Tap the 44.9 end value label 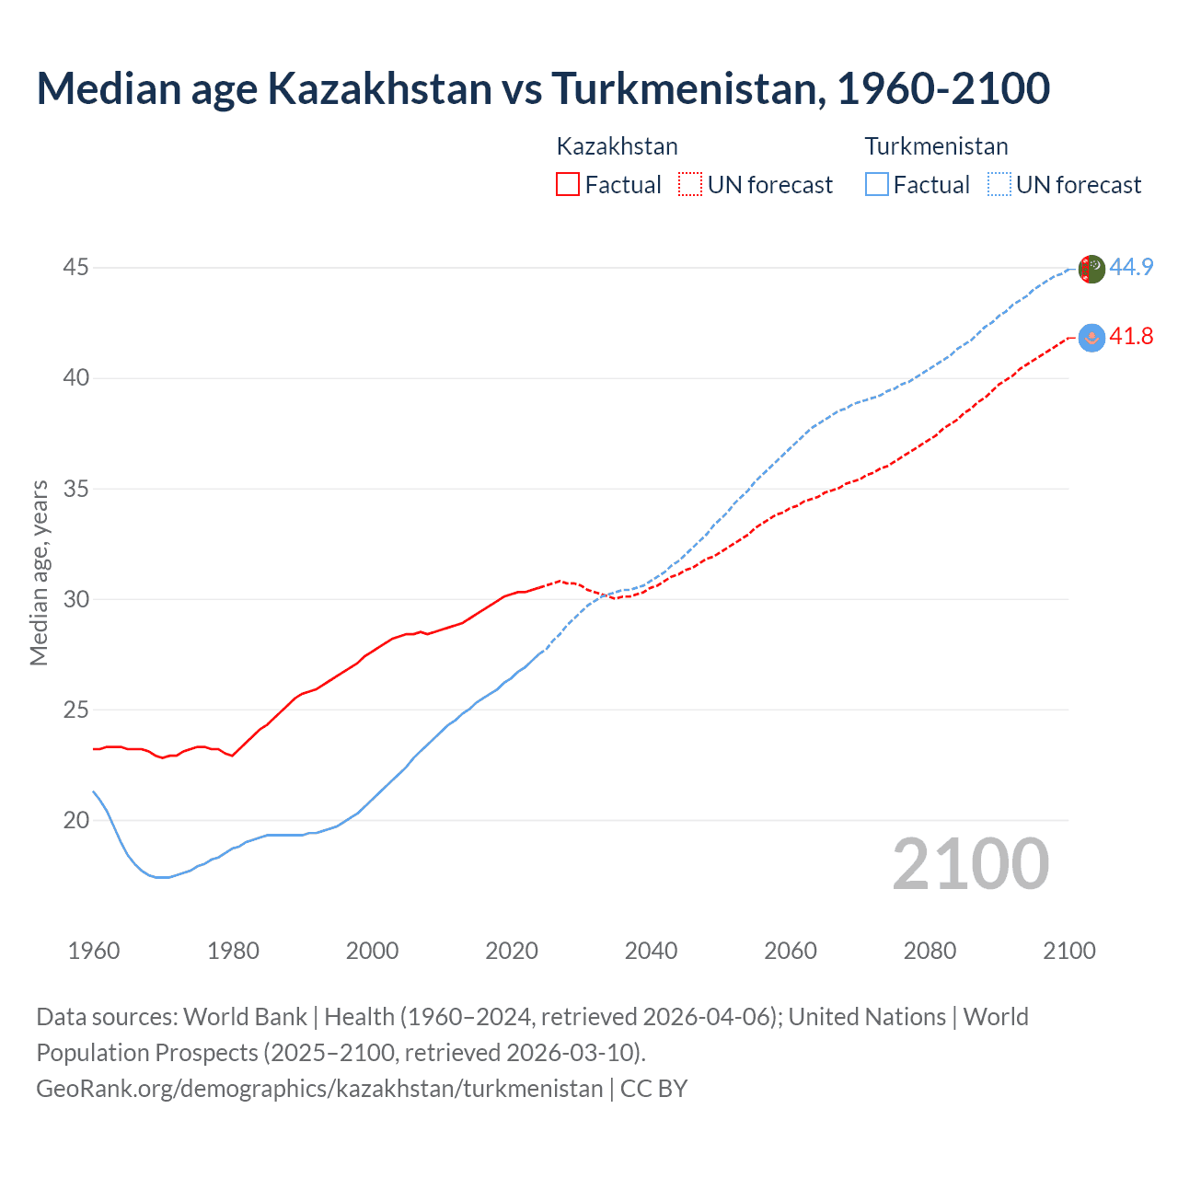pos(1131,267)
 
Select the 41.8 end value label pos(1131,337)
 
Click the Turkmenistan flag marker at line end pos(1091,269)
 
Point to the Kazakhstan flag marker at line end pos(1091,338)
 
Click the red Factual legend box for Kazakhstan pos(568,184)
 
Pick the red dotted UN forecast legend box pos(690,184)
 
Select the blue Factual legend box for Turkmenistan pos(877,184)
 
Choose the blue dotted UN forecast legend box pos(999,184)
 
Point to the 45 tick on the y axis pos(75,268)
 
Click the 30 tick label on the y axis pos(75,599)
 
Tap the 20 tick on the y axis pos(75,820)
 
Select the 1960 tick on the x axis pos(94,951)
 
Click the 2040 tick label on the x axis pos(651,951)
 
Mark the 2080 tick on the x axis pos(930,951)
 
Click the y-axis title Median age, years pos(39,572)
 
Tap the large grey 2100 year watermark pos(970,863)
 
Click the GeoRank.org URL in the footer pos(319,1089)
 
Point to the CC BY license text pos(653,1089)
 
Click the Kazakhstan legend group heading pos(617,146)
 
